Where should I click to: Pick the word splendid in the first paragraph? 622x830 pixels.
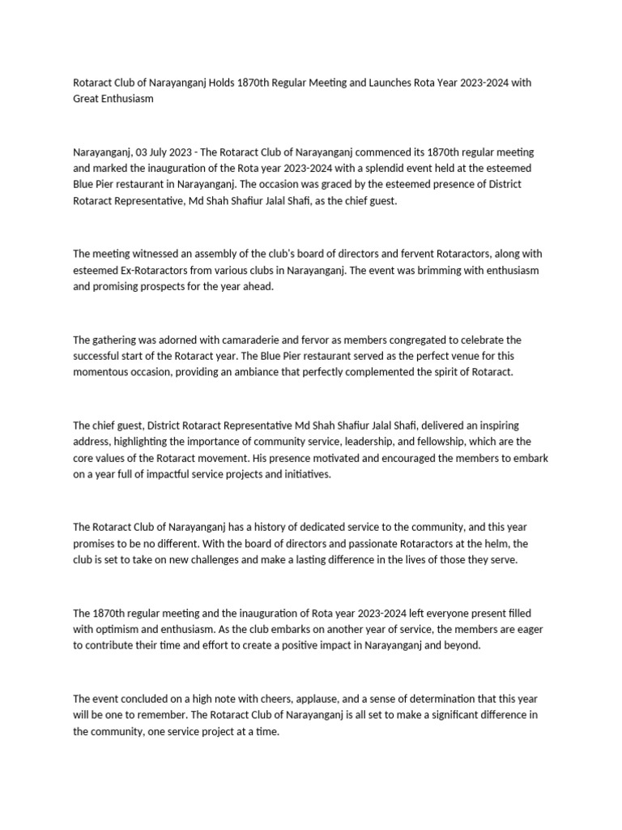[x=357, y=169]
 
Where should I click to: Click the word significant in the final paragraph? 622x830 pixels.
[x=444, y=714]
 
